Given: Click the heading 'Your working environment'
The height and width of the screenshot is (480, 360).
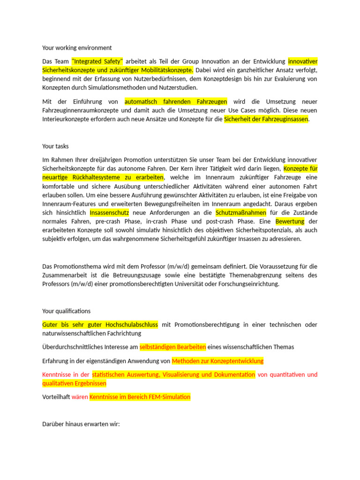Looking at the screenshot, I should (77, 48).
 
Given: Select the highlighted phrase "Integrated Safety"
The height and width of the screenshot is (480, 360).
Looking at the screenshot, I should (97, 61).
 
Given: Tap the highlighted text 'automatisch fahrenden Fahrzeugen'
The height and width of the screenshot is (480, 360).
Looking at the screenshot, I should (176, 102).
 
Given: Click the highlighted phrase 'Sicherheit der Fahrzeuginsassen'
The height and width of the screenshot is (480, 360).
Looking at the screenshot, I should (266, 119).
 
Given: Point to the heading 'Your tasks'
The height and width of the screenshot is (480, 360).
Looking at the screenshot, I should (55, 146).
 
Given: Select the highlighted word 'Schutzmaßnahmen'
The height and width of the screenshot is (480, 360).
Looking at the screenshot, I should (240, 213).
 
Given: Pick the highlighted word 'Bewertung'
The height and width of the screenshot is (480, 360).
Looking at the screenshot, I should (290, 221).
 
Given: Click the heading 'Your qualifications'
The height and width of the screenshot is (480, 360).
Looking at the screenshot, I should (66, 311).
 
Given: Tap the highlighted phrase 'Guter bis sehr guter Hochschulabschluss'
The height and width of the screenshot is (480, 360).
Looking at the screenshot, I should (100, 325).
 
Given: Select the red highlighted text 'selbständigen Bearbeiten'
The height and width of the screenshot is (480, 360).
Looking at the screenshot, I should (173, 347).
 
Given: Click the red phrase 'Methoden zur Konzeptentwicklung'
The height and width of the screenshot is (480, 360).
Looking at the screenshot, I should (218, 361).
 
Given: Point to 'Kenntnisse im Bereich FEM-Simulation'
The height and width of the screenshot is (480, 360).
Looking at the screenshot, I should (140, 397).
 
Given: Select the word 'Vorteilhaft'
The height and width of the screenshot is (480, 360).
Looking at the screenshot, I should (56, 397).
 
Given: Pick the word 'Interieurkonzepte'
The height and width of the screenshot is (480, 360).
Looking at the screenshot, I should (66, 119).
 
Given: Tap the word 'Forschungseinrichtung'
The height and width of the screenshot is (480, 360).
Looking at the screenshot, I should (246, 284).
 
